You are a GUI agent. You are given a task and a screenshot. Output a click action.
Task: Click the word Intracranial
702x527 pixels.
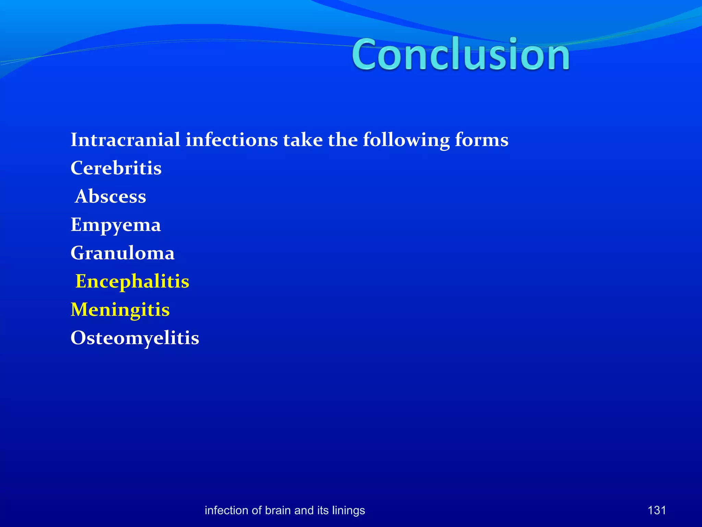tap(125, 140)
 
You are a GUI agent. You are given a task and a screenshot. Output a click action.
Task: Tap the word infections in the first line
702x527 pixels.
tap(232, 140)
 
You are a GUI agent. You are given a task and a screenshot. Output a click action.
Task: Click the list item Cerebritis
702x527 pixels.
tap(116, 168)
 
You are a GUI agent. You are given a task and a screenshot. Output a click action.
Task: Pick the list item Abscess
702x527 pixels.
tap(110, 197)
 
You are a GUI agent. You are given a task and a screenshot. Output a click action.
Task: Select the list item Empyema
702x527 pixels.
tap(116, 225)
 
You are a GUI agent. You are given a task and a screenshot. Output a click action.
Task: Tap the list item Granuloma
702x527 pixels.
tap(122, 253)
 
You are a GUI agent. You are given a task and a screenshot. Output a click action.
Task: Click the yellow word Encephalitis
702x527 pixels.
tap(132, 281)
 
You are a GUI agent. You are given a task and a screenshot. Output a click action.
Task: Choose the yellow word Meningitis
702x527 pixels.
tap(120, 310)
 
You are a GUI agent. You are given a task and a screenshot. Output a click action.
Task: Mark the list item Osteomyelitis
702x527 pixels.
tap(135, 338)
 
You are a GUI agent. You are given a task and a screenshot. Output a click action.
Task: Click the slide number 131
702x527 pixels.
tap(656, 510)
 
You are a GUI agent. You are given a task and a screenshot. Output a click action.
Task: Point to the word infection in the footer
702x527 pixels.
tap(227, 510)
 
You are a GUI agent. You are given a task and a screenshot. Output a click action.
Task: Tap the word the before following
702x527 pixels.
tap(343, 140)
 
